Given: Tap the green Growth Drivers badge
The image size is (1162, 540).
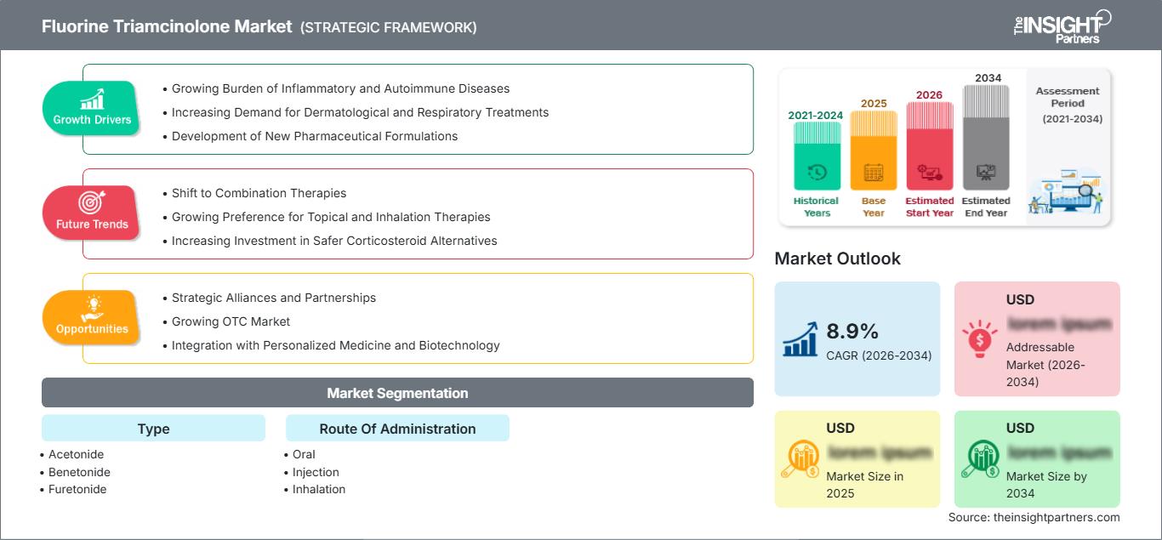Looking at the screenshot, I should click(92, 109).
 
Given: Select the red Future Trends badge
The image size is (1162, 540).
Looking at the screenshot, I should click(92, 213).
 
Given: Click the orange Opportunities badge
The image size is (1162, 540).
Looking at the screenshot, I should click(92, 318).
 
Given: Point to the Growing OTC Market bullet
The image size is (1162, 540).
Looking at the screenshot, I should click(231, 321).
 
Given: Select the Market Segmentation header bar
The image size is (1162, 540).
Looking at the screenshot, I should click(397, 393).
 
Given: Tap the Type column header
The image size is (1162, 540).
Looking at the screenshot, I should click(153, 429).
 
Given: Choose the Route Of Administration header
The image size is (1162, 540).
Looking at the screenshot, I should click(397, 429).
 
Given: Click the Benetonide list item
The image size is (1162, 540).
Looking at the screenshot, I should click(79, 472).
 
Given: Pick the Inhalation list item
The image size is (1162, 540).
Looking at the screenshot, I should click(318, 489).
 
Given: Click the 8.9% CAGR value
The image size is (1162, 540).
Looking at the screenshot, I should click(852, 331).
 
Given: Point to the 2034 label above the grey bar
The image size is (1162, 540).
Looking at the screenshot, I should click(988, 78).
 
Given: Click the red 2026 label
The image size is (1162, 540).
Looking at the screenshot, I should click(929, 94).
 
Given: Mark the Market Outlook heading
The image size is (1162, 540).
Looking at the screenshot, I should click(837, 259).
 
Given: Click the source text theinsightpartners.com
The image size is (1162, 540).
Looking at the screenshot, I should click(1034, 517).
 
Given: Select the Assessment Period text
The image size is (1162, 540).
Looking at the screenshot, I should click(1068, 104).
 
